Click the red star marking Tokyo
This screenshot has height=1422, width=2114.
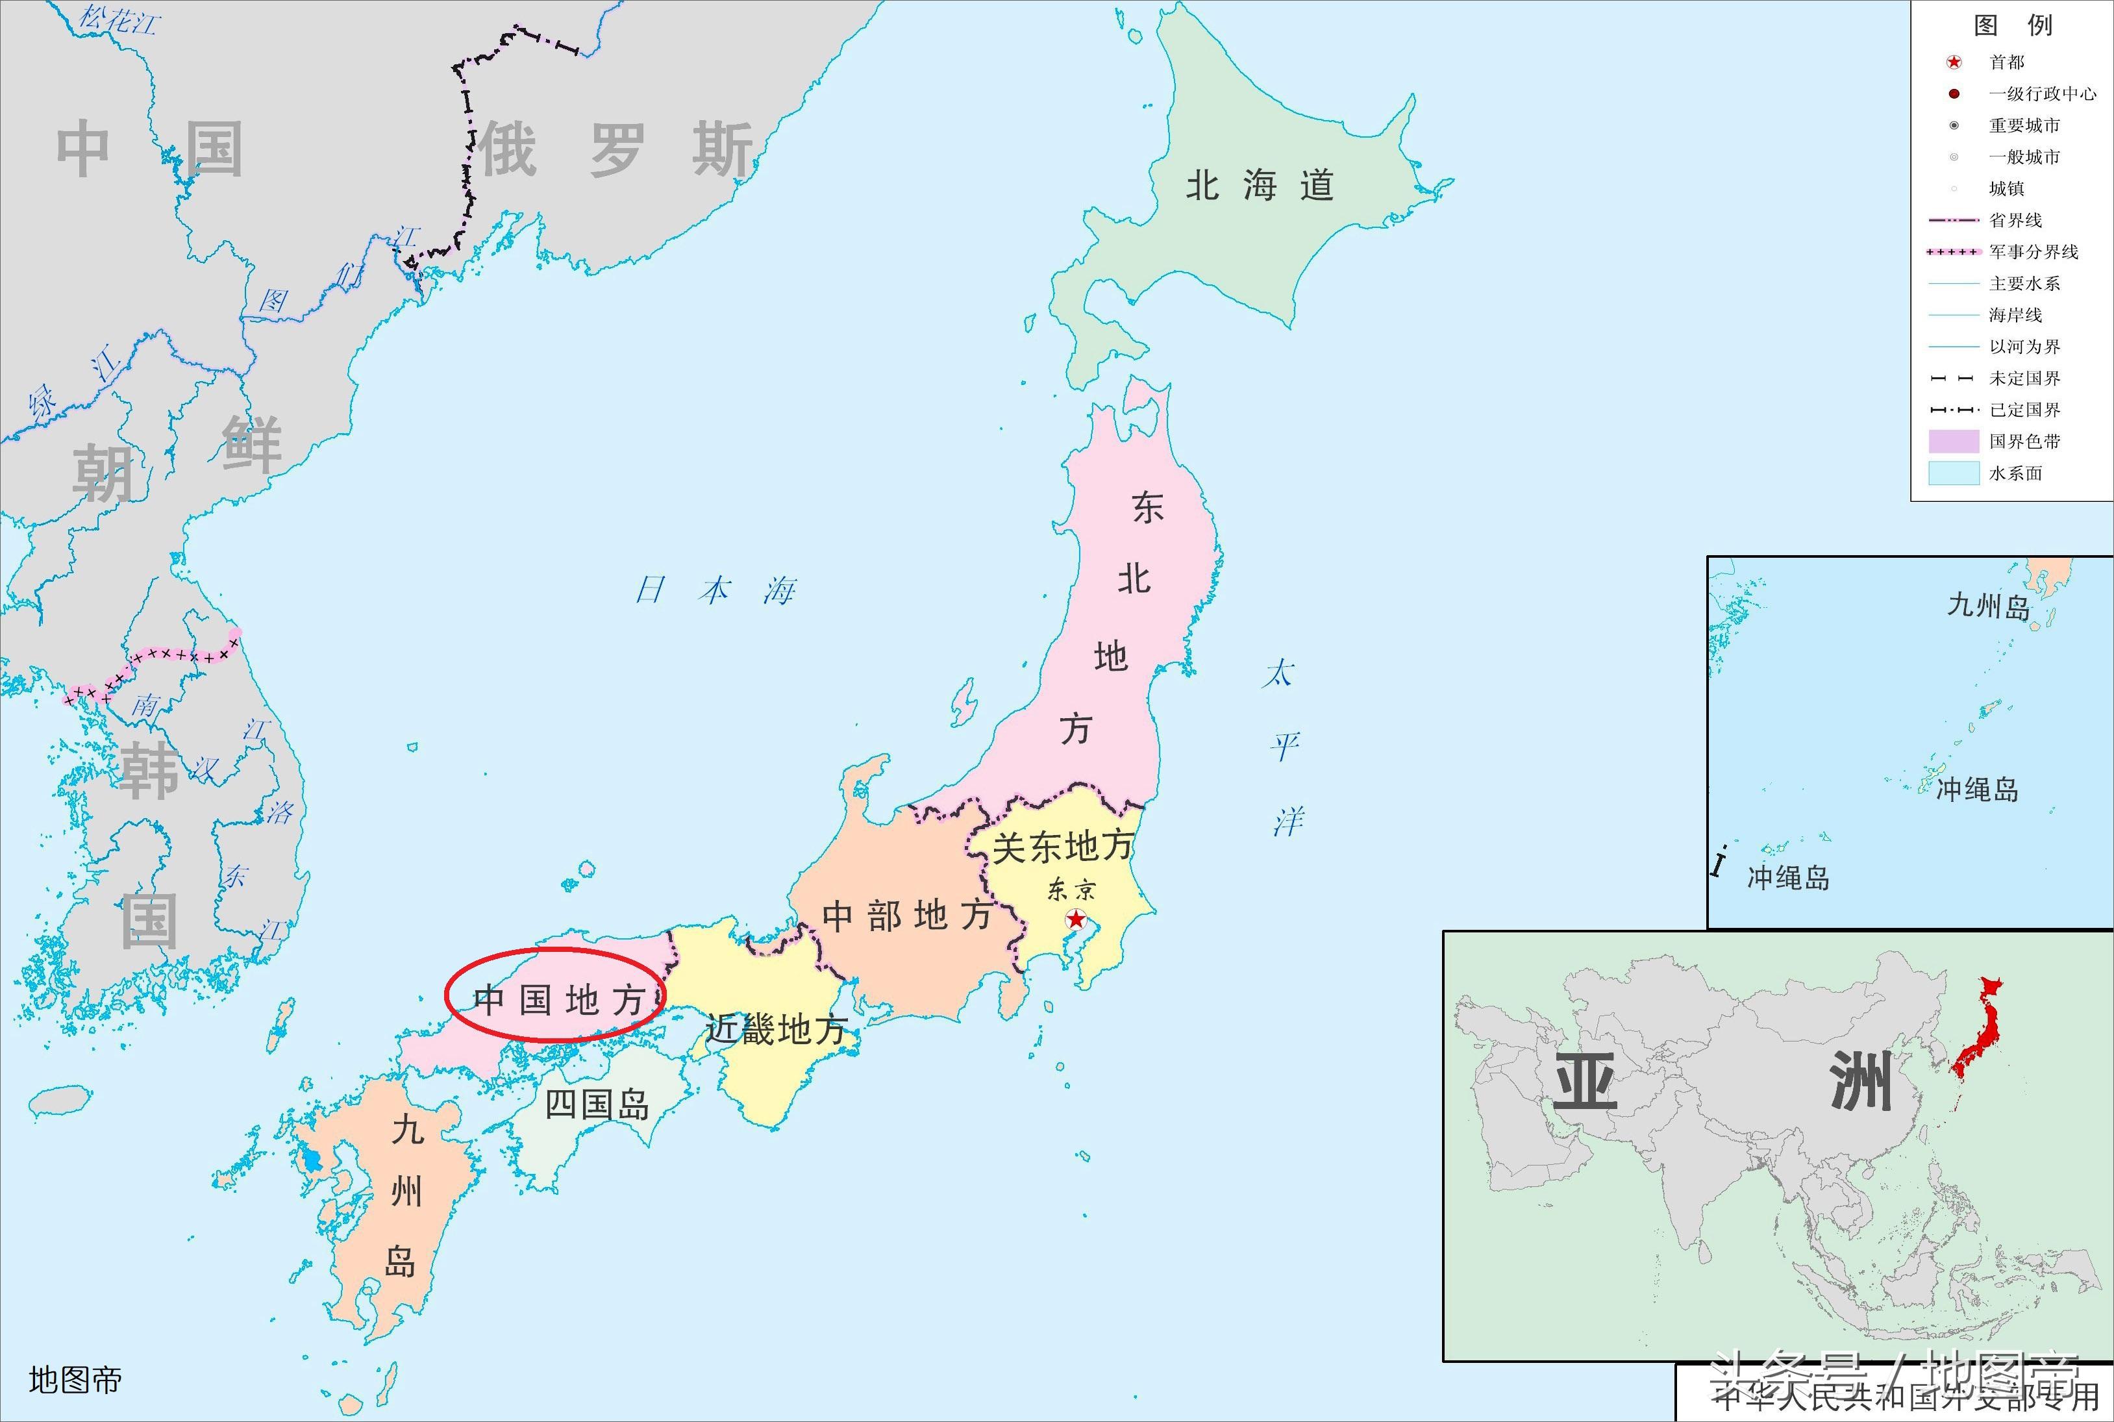pos(1076,919)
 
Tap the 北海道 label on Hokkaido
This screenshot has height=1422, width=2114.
pos(1260,186)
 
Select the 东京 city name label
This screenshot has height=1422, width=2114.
pos(1071,890)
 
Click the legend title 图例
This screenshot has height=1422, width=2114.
pos(2013,25)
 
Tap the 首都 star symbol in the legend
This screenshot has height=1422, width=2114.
pos(1954,62)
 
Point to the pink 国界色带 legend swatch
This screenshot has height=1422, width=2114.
pos(1954,442)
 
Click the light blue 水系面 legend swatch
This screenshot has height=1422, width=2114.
pos(1954,473)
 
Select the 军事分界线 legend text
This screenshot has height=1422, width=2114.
pos(2034,252)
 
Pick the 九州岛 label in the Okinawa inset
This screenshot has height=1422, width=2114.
pos(1988,606)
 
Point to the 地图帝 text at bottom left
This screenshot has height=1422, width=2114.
pos(75,1380)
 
